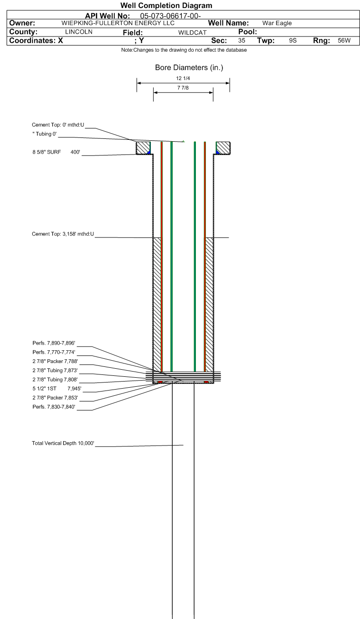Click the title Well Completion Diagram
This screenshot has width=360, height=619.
tap(166, 5)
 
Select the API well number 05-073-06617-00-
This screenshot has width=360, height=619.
tap(171, 16)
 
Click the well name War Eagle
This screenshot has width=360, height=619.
tap(277, 23)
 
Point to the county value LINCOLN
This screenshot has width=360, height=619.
tap(79, 32)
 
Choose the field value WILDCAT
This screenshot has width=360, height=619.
tap(192, 32)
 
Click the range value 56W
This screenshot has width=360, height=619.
tap(344, 41)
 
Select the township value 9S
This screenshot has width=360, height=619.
tap(293, 41)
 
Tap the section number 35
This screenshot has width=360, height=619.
tap(241, 41)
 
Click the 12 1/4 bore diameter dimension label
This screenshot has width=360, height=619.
tap(183, 78)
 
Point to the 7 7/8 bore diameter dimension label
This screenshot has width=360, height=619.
tap(183, 88)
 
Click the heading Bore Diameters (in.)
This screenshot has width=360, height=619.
tap(189, 68)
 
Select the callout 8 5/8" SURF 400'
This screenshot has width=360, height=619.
tap(56, 152)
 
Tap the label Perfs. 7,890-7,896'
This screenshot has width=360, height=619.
tap(54, 343)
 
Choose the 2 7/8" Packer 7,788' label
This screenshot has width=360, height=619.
tap(55, 361)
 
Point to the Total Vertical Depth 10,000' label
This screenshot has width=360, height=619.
tap(63, 443)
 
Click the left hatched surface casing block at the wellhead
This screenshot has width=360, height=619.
tap(143, 148)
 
